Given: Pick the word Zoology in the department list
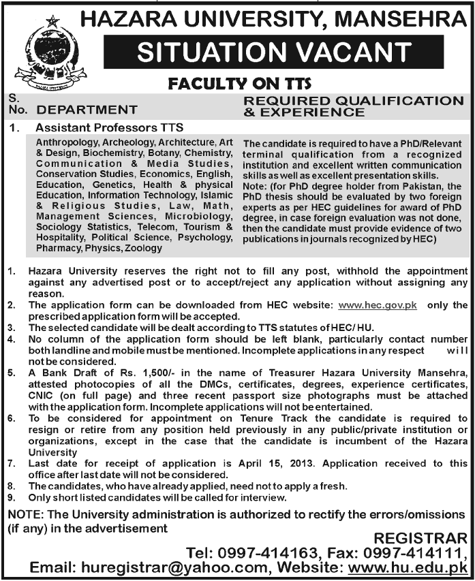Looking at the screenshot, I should pos(143,249).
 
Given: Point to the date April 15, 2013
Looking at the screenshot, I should pos(275,463).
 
